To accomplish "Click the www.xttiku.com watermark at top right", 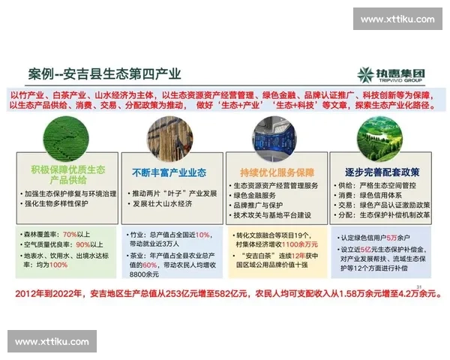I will click(x=397, y=19).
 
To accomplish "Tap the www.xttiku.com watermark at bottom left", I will click(x=52, y=342).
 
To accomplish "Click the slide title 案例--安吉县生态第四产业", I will click(x=104, y=74).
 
